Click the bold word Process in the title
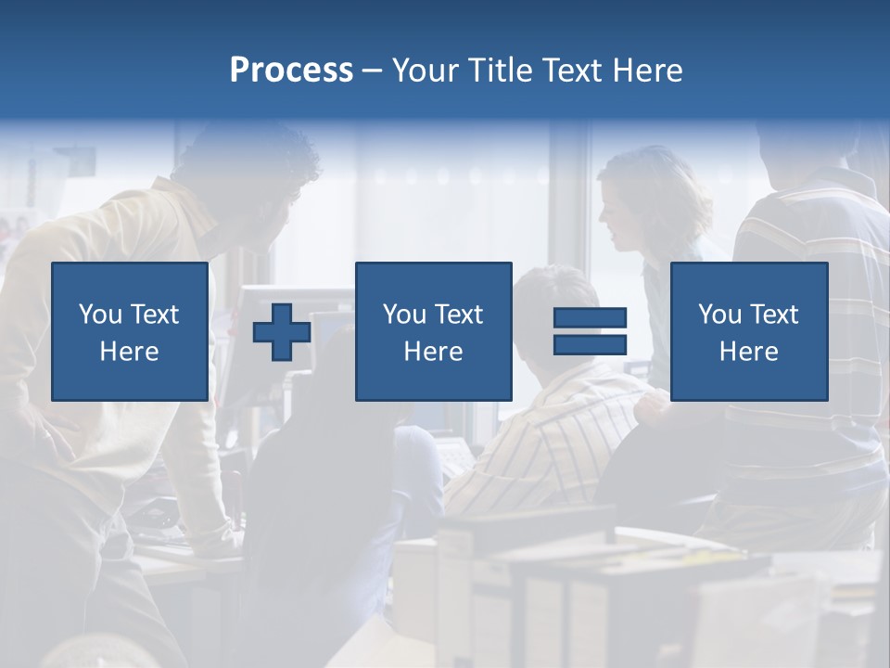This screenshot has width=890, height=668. coord(291,71)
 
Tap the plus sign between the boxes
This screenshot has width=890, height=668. coord(282,332)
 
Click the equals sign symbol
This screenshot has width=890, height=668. coord(590,332)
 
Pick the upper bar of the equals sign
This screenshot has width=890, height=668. coord(590,318)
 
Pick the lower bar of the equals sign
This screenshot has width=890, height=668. coord(590,345)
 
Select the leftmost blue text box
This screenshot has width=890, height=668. coord(129,331)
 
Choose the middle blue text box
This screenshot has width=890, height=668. coord(433,331)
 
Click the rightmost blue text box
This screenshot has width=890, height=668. coord(748,331)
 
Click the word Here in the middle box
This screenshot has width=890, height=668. coord(433,352)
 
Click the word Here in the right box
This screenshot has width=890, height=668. coord(748,352)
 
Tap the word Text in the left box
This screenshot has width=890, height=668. coord(154,315)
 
